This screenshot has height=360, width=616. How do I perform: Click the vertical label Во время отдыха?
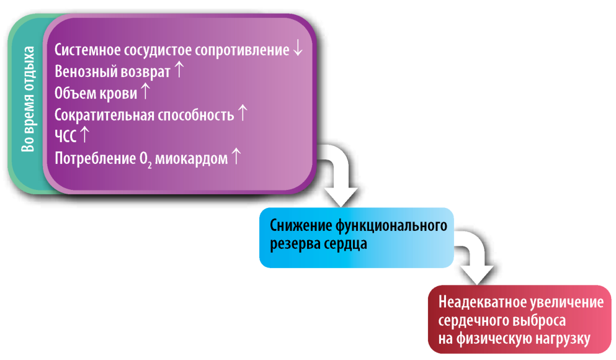pos(28,99)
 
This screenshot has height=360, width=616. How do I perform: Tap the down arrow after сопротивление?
pos(298,48)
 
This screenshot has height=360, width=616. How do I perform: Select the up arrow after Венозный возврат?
pos(179,69)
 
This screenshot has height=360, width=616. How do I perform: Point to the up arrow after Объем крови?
pos(145,91)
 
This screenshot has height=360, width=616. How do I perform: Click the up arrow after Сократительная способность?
pos(243,112)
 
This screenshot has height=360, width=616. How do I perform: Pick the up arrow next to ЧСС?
pos(84,134)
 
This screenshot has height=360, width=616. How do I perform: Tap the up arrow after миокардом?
pos(236,156)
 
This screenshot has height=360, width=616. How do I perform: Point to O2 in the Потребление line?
pos(145,159)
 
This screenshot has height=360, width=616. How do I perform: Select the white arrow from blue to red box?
pos(477,256)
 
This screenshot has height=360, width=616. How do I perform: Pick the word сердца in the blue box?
pos(346,244)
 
